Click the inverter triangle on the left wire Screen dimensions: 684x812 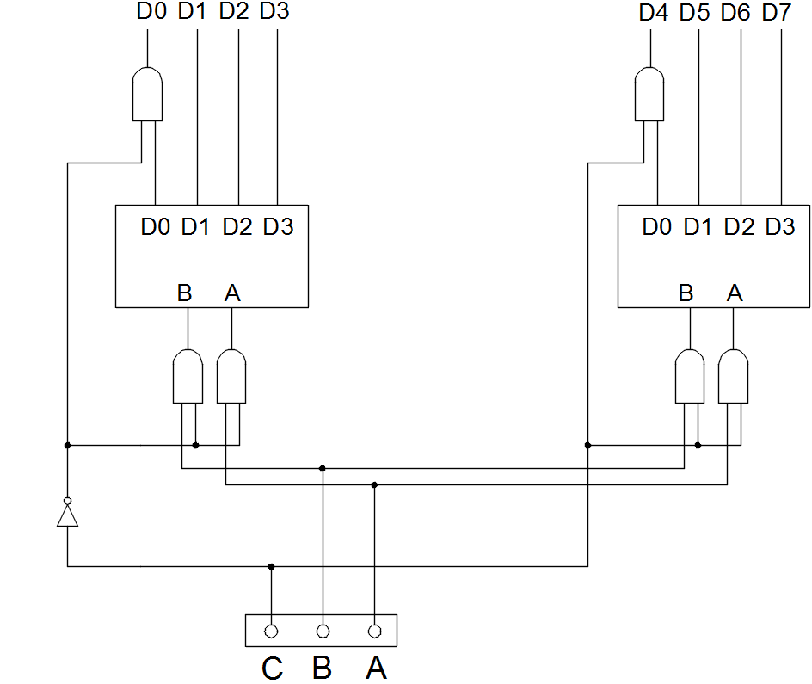pyautogui.click(x=67, y=515)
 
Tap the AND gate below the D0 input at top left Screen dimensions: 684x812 pyautogui.click(x=147, y=94)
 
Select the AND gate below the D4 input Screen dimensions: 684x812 pyautogui.click(x=649, y=94)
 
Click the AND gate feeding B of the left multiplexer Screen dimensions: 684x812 pyautogui.click(x=188, y=376)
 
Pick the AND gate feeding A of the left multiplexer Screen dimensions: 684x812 pyautogui.click(x=231, y=376)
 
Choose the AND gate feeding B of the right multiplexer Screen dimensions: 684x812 pyautogui.click(x=690, y=376)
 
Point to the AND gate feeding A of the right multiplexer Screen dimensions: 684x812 pyautogui.click(x=734, y=376)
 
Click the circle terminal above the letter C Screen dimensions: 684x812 pyautogui.click(x=271, y=631)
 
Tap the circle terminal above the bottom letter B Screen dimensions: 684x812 pyautogui.click(x=323, y=631)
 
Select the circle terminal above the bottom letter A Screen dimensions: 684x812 pyautogui.click(x=374, y=631)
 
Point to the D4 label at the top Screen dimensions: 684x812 pyautogui.click(x=654, y=13)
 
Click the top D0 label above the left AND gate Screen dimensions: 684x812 pyautogui.click(x=151, y=13)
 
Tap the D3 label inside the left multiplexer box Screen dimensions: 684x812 pyautogui.click(x=278, y=227)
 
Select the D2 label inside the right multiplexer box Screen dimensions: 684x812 pyautogui.click(x=739, y=227)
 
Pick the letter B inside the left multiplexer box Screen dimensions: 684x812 pyautogui.click(x=184, y=293)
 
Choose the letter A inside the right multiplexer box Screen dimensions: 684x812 pyautogui.click(x=734, y=293)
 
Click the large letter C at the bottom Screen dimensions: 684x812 pyautogui.click(x=272, y=669)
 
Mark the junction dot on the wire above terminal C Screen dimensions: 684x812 pyautogui.click(x=271, y=566)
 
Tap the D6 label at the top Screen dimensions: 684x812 pyautogui.click(x=736, y=13)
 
